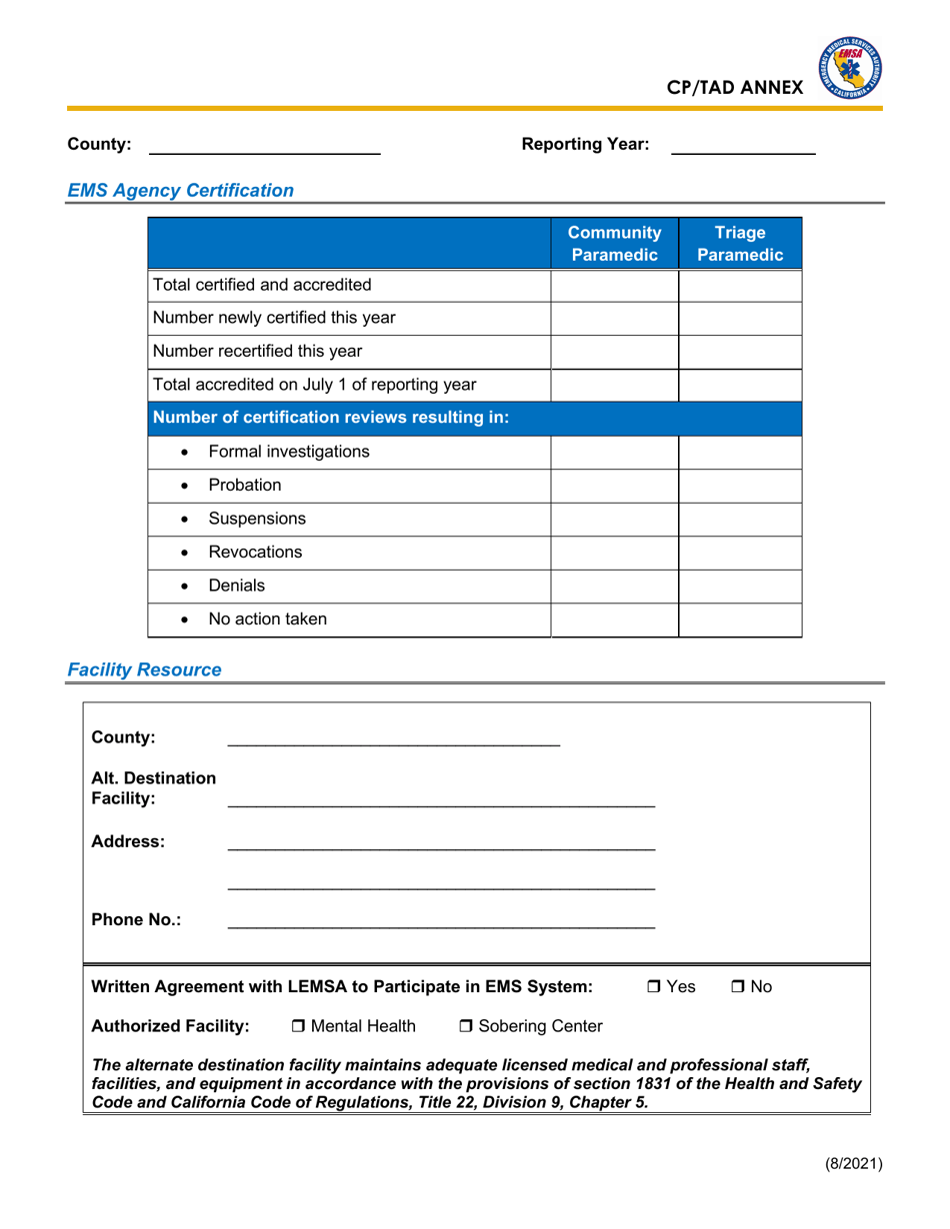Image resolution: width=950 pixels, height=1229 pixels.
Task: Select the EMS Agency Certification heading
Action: pos(180,189)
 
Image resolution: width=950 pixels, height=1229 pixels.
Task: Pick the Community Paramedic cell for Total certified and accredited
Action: pos(614,286)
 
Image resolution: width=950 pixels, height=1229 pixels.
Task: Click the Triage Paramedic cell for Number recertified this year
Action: pos(740,352)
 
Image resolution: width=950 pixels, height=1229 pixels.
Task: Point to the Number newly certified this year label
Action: pos(273,319)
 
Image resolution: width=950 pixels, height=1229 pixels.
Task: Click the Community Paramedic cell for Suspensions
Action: pos(614,520)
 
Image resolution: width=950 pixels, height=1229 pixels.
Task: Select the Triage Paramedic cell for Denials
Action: pos(740,586)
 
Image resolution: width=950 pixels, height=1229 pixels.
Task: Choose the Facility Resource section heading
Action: pos(144,669)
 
